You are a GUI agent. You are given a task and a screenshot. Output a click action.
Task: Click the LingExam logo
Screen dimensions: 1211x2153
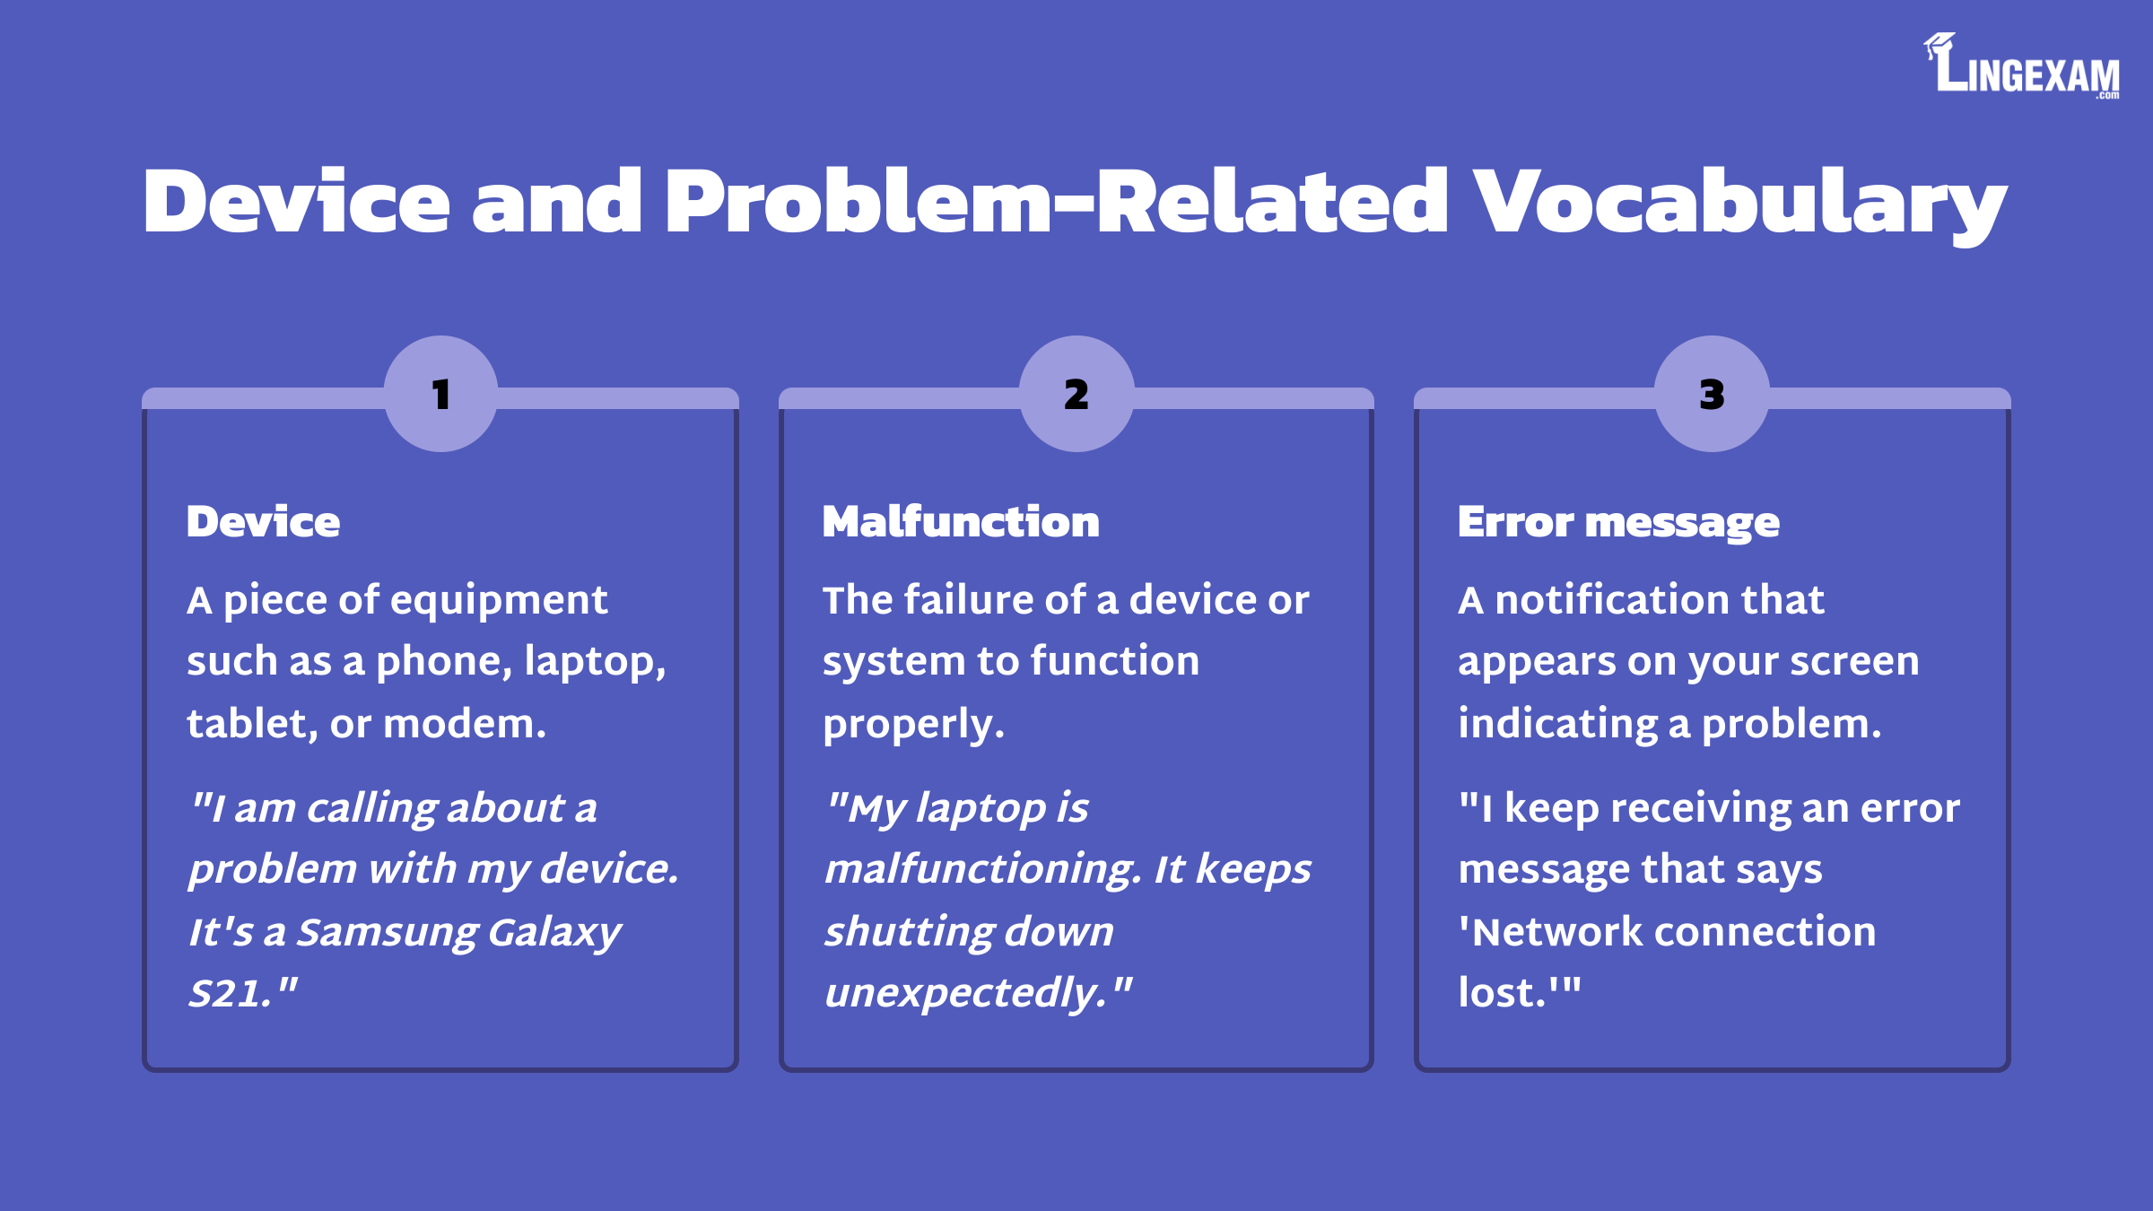pos(2023,66)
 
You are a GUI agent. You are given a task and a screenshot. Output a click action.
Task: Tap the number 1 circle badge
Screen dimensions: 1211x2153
pos(440,394)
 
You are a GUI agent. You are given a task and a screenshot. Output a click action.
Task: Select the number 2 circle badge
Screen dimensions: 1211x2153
pos(1076,394)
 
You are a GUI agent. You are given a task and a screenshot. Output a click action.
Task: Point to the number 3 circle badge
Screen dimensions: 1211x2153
pos(1712,394)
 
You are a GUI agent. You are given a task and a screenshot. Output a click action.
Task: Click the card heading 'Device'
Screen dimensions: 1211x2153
pos(263,522)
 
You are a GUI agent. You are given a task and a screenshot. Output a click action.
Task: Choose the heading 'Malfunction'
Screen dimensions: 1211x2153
pos(961,522)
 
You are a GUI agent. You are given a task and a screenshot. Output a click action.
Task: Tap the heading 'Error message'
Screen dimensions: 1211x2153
pos(1618,522)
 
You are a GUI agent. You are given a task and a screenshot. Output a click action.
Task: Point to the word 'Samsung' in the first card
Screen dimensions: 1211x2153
pos(388,933)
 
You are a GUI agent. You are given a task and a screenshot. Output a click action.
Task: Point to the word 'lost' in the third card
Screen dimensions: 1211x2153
pos(1495,993)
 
